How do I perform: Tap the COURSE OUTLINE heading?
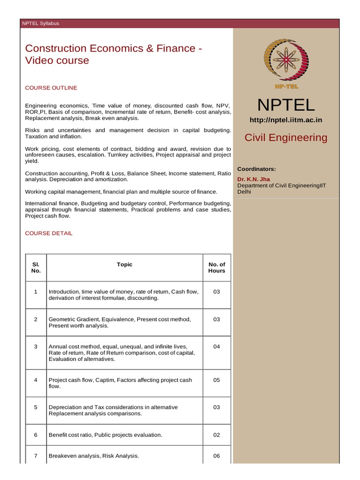(51, 88)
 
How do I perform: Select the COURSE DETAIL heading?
(49, 233)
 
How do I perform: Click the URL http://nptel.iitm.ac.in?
(285, 120)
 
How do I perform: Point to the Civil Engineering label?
(286, 137)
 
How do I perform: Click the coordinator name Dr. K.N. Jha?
(254, 179)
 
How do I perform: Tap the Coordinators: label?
(256, 169)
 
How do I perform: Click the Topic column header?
(125, 264)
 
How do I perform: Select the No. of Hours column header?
(217, 268)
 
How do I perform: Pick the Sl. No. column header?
(36, 268)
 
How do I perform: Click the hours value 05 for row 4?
(217, 380)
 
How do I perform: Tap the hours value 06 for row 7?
(217, 456)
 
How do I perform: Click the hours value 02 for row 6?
(217, 435)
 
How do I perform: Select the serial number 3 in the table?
(36, 347)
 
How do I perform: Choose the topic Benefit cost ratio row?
(105, 435)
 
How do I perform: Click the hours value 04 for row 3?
(217, 347)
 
